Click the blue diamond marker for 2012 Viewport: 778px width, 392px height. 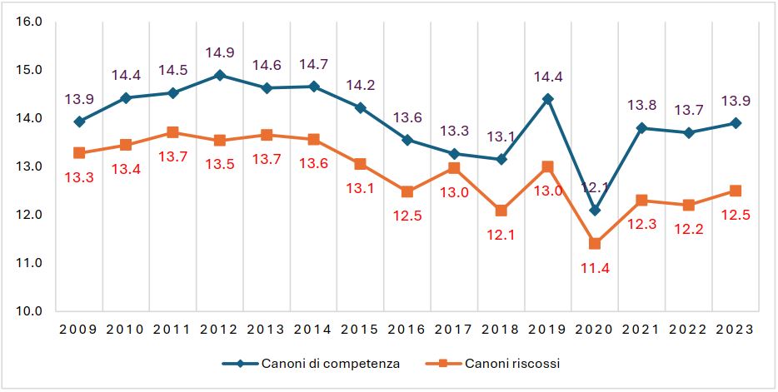(220, 75)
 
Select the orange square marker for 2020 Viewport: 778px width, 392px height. (595, 244)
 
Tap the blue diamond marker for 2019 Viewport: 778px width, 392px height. (547, 99)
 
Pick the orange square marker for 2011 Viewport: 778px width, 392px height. (172, 132)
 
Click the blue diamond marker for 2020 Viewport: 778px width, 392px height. (595, 210)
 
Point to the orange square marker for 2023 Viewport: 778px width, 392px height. (736, 191)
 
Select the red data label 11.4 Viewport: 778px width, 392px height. (595, 268)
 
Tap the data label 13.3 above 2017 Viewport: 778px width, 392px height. (454, 130)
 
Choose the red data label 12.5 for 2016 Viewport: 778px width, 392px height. (407, 216)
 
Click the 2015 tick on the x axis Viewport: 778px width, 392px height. (361, 329)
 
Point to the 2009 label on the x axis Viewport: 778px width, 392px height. (79, 329)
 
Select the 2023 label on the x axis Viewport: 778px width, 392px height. (736, 329)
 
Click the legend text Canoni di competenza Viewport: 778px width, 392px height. (331, 364)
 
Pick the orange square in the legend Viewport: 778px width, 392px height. (444, 364)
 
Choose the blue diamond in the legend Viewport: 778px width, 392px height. (240, 364)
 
